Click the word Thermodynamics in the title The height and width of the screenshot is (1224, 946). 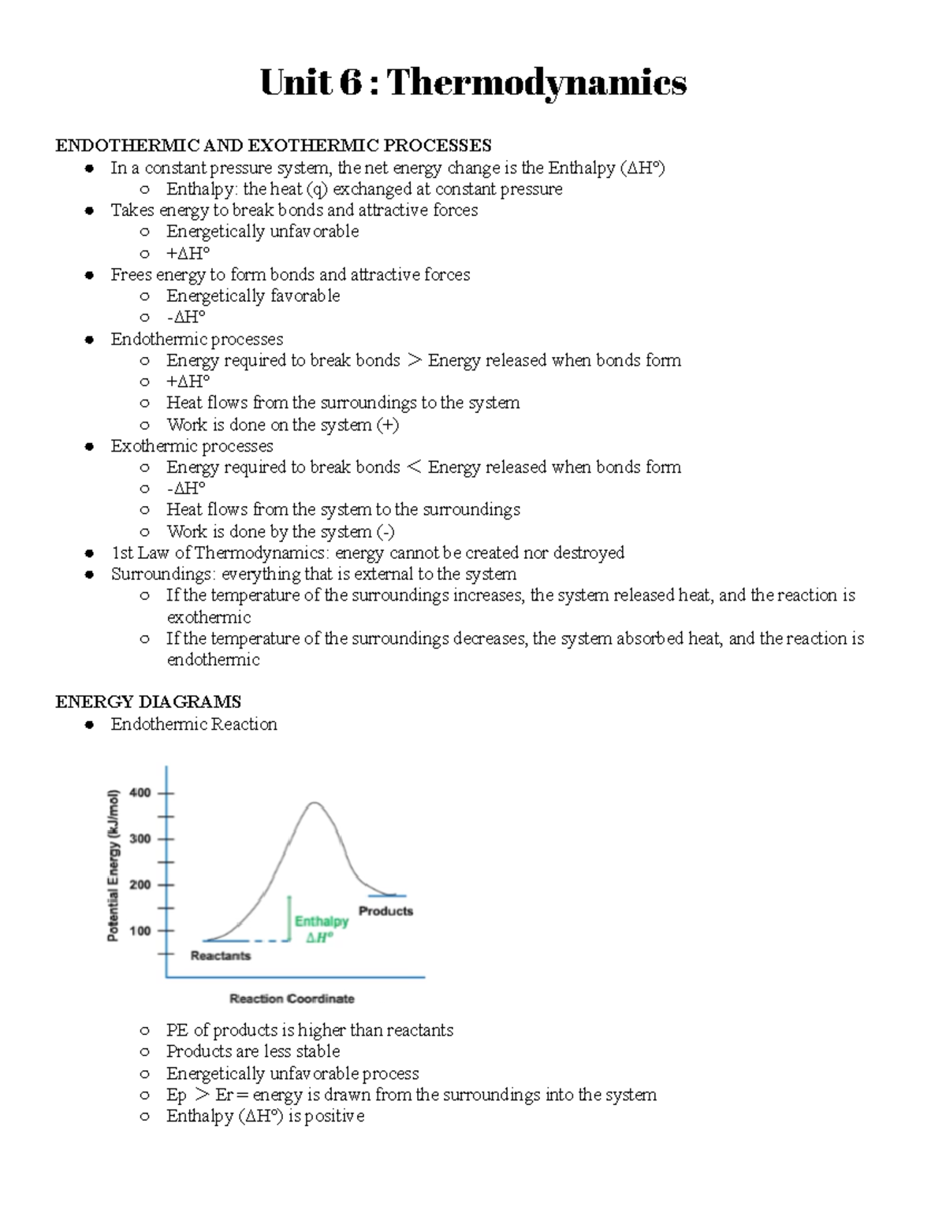[x=536, y=82]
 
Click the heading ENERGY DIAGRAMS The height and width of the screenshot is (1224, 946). [x=148, y=701]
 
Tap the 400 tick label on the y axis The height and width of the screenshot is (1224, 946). [x=140, y=793]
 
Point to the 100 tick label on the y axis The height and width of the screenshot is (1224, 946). [x=140, y=931]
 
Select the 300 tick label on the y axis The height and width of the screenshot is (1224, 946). [x=140, y=839]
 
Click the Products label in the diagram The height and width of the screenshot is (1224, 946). [x=385, y=911]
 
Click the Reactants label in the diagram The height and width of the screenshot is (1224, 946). [x=221, y=956]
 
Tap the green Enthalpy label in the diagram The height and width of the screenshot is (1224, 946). [x=321, y=921]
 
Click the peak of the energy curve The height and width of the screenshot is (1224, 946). [x=315, y=803]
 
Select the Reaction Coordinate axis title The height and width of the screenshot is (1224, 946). [x=292, y=999]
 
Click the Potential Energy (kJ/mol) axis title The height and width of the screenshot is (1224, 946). [x=114, y=865]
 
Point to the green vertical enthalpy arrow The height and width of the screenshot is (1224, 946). [x=289, y=918]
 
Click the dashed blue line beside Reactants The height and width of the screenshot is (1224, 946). [x=268, y=941]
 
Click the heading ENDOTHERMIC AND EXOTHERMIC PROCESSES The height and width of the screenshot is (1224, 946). [x=273, y=145]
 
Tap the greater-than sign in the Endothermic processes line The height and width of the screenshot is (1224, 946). [x=414, y=361]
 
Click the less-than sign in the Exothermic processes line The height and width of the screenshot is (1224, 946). [x=414, y=467]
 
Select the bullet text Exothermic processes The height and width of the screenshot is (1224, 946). [x=192, y=446]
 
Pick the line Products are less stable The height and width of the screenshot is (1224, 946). [x=253, y=1051]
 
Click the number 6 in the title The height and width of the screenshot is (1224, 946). [x=348, y=82]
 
